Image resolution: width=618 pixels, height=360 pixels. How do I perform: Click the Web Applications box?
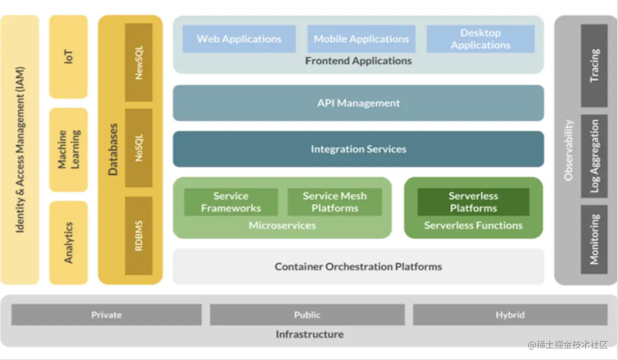(x=239, y=39)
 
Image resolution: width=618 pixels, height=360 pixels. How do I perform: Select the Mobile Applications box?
(x=361, y=39)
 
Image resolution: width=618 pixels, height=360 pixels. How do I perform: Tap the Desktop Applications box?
(x=480, y=39)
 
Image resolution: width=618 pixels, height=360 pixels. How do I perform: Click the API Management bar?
(x=358, y=103)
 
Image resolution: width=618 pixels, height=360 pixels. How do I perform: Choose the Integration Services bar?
(x=358, y=149)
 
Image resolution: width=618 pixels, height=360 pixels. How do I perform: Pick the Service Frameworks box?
(x=231, y=202)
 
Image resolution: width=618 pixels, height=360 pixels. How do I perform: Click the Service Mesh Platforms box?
(x=334, y=202)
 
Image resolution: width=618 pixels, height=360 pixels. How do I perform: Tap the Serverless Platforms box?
(x=473, y=202)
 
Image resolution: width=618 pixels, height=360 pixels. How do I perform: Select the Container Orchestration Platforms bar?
(x=358, y=267)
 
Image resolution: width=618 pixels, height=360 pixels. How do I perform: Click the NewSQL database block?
(x=139, y=62)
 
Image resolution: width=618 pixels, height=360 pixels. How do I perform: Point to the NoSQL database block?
(x=139, y=148)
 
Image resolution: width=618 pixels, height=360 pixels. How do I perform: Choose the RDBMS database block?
(x=139, y=236)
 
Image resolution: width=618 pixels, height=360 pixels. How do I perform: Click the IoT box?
(x=68, y=57)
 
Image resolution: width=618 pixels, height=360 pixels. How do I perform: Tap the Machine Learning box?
(x=68, y=150)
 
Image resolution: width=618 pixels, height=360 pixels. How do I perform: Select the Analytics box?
(x=68, y=243)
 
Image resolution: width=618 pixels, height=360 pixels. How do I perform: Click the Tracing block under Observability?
(x=594, y=66)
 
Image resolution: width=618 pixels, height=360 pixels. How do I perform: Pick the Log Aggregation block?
(x=594, y=156)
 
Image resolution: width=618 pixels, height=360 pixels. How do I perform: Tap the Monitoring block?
(x=594, y=239)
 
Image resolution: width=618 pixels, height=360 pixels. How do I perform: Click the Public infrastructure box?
(x=307, y=315)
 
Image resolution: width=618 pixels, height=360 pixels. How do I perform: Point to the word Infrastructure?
(x=309, y=335)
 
